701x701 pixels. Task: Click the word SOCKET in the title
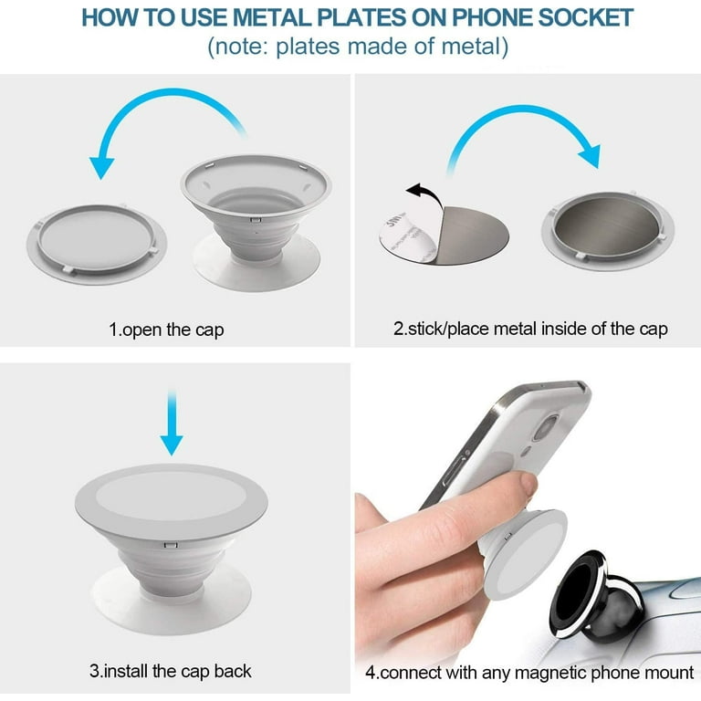[x=585, y=18]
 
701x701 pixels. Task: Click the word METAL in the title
[x=271, y=18]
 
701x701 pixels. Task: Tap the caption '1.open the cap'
[x=166, y=330]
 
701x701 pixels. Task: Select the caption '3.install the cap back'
[x=171, y=671]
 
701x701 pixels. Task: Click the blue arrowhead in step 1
[x=102, y=168]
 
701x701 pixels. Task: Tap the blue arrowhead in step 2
[x=590, y=156]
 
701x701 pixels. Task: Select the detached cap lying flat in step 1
[x=97, y=244]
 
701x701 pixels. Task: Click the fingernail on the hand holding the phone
[x=529, y=484]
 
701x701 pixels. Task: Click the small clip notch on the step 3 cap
[x=171, y=545]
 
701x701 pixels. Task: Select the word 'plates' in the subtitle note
[x=308, y=47]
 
